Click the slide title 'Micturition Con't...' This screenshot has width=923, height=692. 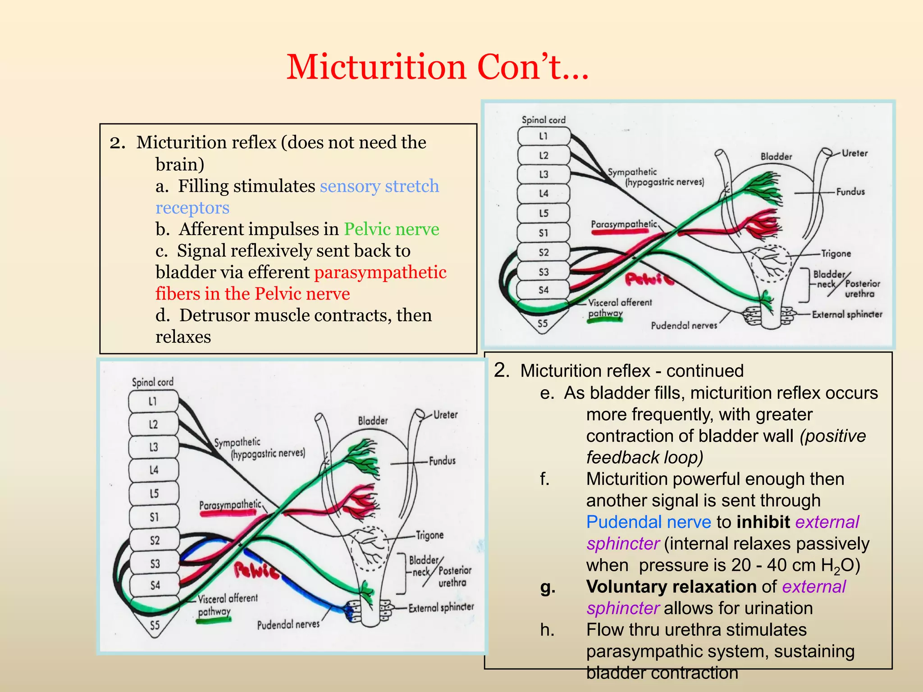coord(437,68)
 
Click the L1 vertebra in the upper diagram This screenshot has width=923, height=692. coord(544,136)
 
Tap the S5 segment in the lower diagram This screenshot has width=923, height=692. coord(155,625)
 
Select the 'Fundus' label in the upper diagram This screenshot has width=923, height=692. coord(850,192)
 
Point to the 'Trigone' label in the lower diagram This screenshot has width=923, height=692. coord(430,535)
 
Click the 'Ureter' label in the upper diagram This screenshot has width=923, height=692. coord(854,153)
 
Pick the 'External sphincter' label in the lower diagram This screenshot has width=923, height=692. coord(441,608)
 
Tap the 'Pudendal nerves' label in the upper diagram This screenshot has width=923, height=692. coord(684,325)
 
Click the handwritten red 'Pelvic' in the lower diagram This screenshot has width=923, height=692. coord(256,571)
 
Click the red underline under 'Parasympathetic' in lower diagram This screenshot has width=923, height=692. coord(228,513)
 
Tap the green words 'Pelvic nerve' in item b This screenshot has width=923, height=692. coord(392,229)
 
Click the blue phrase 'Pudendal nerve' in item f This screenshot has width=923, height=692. coord(649,522)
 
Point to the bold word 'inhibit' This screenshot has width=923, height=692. coord(763,522)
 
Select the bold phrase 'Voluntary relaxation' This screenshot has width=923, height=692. coord(671,587)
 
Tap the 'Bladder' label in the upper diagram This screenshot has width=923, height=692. coord(776,157)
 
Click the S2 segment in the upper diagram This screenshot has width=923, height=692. coord(544,252)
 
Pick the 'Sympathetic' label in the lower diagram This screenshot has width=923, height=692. coord(238,442)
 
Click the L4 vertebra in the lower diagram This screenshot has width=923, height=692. coord(154,470)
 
